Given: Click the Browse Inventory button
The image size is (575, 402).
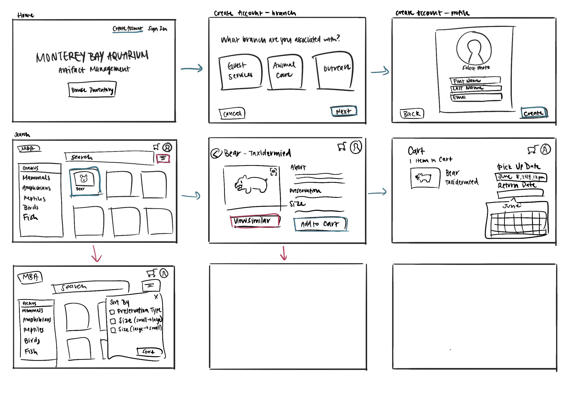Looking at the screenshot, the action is [92, 89].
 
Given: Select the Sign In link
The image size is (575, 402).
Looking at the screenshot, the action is [157, 29].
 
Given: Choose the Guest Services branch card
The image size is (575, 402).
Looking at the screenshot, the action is [240, 71].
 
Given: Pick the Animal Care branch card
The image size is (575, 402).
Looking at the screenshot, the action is [285, 71].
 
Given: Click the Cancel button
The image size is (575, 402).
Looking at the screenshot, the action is [232, 114].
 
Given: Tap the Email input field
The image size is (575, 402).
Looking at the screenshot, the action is [476, 97].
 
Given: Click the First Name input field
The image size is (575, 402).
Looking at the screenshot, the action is [475, 80].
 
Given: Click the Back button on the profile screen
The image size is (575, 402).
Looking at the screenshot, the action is [412, 114].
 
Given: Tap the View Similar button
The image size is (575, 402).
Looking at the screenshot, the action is [255, 221].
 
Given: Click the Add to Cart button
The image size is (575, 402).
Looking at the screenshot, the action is [320, 224].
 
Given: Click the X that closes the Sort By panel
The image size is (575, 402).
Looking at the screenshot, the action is [156, 297].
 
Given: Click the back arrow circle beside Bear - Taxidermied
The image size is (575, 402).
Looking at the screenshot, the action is [216, 153].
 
